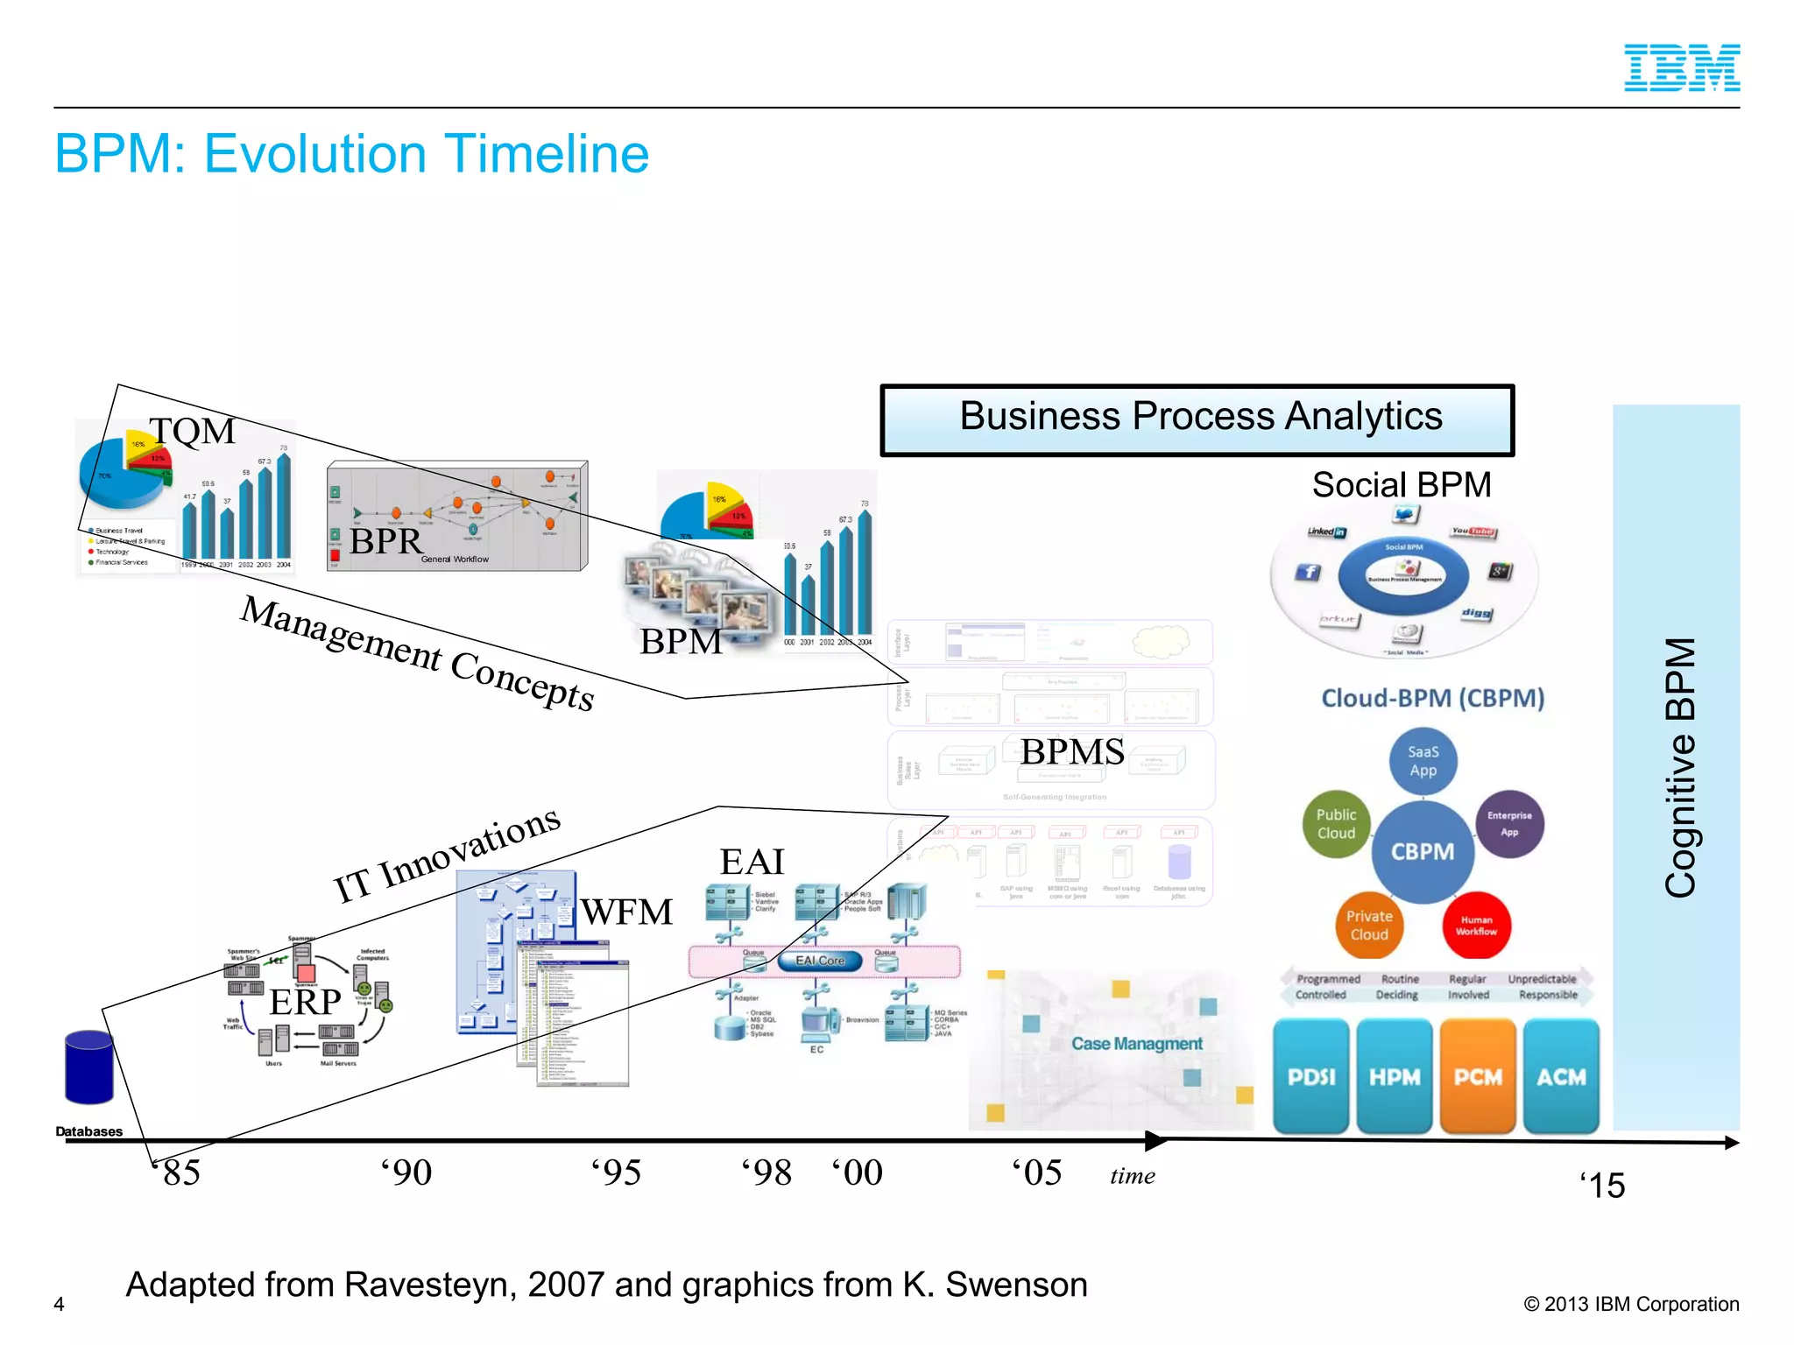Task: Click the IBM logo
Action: tap(1681, 68)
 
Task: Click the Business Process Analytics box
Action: tap(1197, 419)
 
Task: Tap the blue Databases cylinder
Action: tap(89, 1067)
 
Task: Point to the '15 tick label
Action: tap(1603, 1186)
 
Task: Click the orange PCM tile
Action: tap(1478, 1076)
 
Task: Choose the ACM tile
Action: tap(1561, 1076)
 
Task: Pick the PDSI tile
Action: tap(1311, 1076)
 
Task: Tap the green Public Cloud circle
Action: tap(1336, 824)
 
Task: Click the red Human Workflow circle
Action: tap(1476, 926)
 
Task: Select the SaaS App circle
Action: tap(1423, 761)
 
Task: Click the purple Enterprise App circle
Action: tap(1509, 824)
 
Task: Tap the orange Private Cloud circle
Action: tap(1369, 926)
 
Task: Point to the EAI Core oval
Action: tap(820, 961)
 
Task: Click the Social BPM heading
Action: tap(1402, 485)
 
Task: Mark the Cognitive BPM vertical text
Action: tap(1679, 767)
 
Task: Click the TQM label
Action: tap(193, 431)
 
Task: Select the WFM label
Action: tap(627, 912)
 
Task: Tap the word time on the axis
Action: tap(1132, 1176)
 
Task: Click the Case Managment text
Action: tap(1136, 1044)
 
